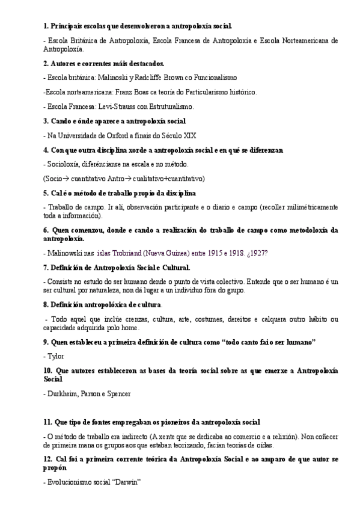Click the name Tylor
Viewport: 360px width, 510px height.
click(x=55, y=356)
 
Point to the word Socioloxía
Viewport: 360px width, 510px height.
click(x=66, y=164)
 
